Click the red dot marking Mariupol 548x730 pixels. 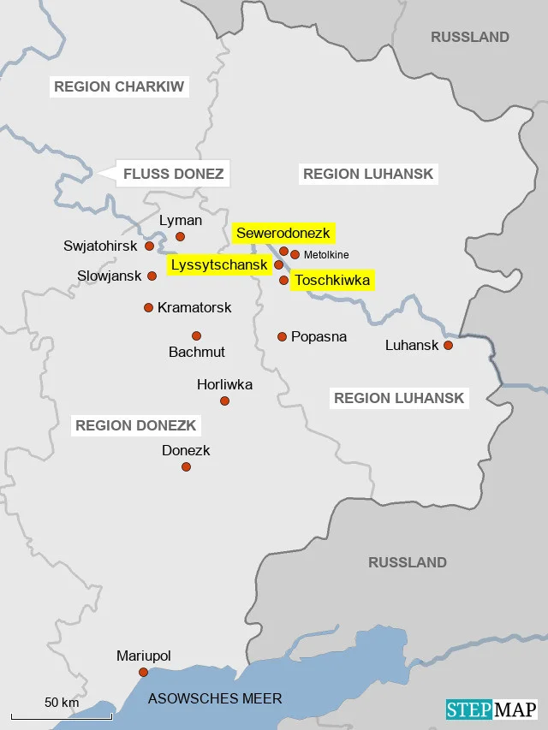143,672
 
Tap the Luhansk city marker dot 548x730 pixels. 447,346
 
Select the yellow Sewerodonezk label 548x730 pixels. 283,233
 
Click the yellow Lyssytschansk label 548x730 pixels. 220,264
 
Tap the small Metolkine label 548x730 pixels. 326,255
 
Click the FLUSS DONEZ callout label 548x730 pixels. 173,175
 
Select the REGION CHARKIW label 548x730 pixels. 119,86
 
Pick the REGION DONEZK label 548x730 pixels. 136,425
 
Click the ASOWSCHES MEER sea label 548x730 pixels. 215,699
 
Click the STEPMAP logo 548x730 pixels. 491,709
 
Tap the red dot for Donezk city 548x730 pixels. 186,466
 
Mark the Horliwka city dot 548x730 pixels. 224,401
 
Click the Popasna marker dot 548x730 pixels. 282,336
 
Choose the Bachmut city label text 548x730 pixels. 197,352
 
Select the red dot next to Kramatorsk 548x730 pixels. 148,307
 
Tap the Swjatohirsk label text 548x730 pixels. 100,246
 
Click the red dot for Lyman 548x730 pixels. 180,236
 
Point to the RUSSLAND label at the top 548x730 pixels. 470,37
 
